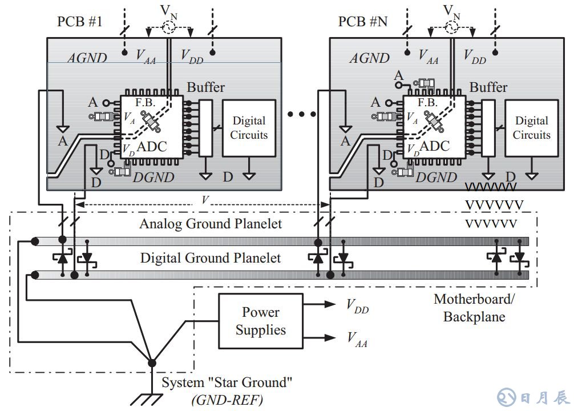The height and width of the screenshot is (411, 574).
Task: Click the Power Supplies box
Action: pyautogui.click(x=261, y=321)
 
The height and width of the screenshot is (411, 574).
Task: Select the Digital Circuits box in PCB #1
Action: pyautogui.click(x=248, y=128)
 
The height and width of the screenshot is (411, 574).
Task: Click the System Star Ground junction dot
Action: pyautogui.click(x=152, y=363)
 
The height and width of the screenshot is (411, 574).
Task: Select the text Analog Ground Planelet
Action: pyautogui.click(x=211, y=224)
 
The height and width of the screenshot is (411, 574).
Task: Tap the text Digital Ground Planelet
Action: pyautogui.click(x=211, y=258)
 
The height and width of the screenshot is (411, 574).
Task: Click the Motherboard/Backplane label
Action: pyautogui.click(x=470, y=308)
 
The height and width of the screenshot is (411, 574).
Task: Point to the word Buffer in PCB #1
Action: pyautogui.click(x=206, y=88)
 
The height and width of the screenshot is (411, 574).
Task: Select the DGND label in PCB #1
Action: pyautogui.click(x=153, y=178)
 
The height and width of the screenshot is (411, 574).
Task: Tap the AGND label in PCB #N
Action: pyautogui.click(x=369, y=58)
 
